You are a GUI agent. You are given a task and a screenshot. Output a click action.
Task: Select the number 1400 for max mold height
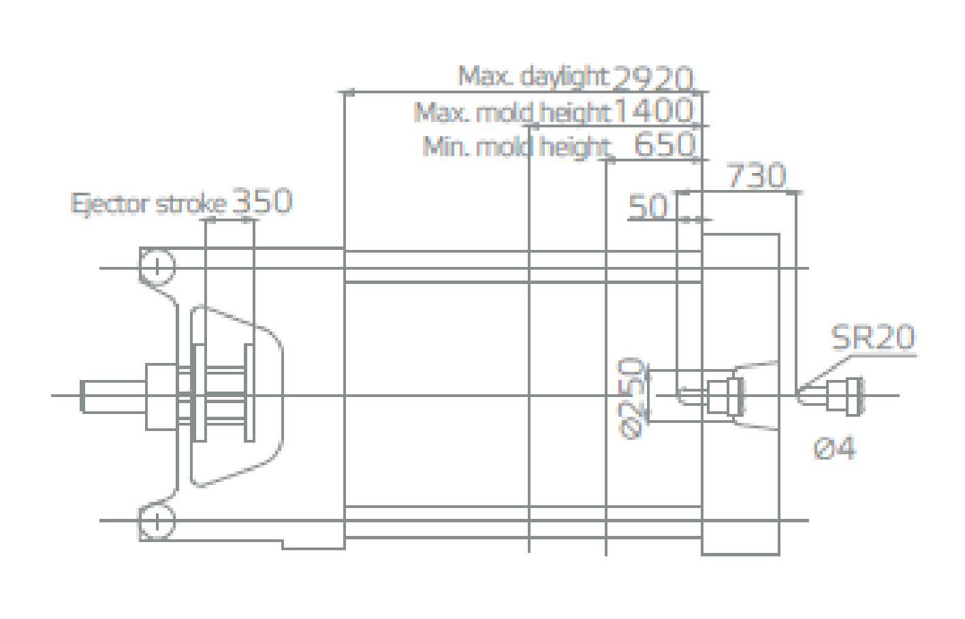coord(654,111)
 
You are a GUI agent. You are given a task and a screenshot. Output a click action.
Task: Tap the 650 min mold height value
coord(664,145)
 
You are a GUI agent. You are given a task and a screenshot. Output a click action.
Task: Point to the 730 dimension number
coord(756,176)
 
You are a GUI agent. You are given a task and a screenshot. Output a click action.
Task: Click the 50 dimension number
coord(648,207)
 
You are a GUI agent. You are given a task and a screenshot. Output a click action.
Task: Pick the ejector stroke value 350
coord(262,201)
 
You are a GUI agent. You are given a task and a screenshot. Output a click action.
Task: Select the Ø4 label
coord(834,448)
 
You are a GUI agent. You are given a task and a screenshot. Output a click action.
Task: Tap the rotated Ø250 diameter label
coord(631,398)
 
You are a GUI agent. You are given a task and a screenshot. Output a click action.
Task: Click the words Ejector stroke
coord(148,204)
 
